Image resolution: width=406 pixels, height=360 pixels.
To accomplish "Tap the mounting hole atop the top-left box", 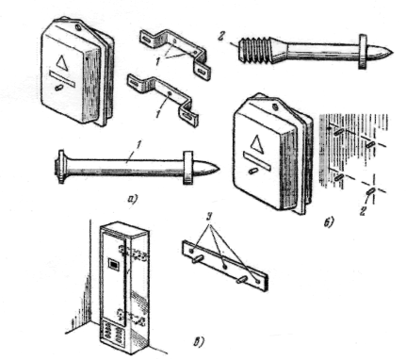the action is (78, 28).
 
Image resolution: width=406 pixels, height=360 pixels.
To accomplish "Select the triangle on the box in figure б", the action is (257, 142).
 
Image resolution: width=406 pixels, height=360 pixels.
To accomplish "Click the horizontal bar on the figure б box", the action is (257, 160).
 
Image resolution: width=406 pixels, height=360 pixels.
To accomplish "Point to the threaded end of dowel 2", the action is (255, 51).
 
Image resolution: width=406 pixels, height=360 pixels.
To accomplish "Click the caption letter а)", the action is (133, 199).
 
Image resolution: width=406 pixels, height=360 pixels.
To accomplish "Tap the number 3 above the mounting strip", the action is (209, 218).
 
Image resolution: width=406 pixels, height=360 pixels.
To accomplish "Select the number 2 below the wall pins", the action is (363, 211).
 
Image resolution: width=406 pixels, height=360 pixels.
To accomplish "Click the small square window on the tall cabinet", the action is (114, 264).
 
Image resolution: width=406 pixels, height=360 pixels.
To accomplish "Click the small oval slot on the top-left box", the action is (59, 88).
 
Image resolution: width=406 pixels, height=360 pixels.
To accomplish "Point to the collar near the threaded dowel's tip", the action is (364, 51).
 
